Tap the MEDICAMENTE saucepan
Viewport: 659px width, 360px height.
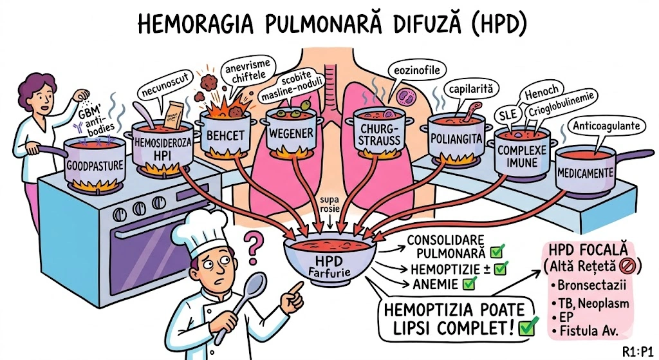(584, 172)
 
